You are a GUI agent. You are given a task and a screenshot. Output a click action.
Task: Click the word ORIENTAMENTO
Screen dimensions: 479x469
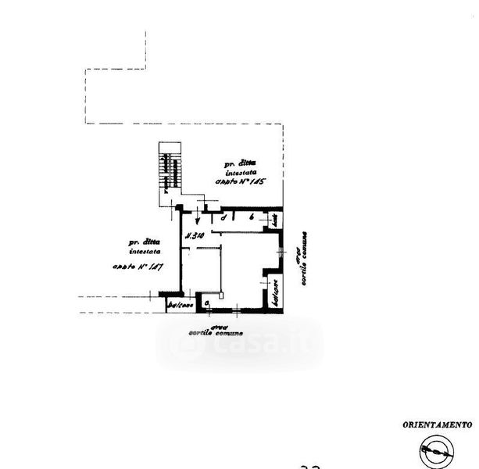pos(438,425)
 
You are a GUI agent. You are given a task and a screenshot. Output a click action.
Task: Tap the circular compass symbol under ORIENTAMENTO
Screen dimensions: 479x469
pos(436,451)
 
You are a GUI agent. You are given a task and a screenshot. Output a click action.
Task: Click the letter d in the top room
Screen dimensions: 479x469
pos(224,217)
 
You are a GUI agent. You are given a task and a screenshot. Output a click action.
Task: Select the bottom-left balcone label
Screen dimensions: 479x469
pos(180,306)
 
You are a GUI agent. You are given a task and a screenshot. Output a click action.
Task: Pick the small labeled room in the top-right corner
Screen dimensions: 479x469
pos(275,221)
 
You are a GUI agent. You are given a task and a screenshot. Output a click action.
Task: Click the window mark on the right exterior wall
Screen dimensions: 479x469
pos(281,250)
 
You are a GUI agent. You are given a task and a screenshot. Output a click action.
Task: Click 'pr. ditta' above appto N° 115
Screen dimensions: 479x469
pos(240,163)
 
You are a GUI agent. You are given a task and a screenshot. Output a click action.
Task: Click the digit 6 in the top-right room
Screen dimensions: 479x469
pos(251,217)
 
